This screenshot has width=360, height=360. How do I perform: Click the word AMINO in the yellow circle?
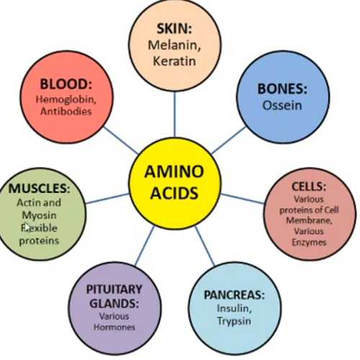click(174, 171)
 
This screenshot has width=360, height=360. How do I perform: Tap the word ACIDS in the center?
click(174, 193)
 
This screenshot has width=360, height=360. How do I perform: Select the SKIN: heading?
click(174, 28)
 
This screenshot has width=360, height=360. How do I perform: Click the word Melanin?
click(174, 45)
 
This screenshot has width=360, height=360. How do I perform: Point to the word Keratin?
click(174, 60)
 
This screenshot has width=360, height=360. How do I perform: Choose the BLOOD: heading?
click(66, 84)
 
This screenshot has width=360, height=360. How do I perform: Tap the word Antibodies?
click(66, 112)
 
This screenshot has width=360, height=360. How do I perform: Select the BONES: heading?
click(282, 89)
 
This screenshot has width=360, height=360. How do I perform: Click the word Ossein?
click(282, 105)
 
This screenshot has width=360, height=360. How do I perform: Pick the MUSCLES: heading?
click(39, 188)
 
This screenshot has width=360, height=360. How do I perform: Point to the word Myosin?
click(39, 216)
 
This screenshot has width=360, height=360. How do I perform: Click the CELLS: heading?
click(309, 186)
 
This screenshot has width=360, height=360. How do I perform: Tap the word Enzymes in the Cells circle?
click(309, 242)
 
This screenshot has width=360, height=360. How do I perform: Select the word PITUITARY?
click(114, 289)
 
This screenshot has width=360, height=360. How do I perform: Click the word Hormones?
click(114, 327)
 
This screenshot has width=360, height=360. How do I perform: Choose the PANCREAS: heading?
click(234, 294)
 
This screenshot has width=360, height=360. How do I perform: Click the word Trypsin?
click(234, 321)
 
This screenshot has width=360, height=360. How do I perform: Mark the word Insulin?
click(234, 308)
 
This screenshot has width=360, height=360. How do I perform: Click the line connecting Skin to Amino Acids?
click(175, 114)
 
